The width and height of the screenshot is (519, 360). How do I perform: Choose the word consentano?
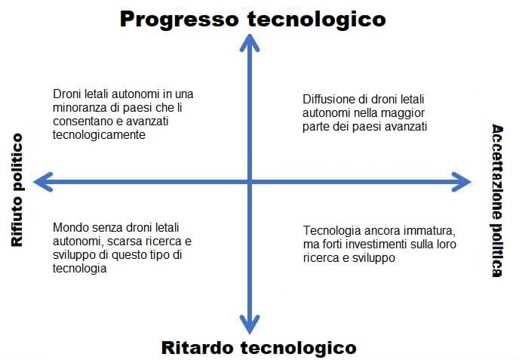coord(81,121)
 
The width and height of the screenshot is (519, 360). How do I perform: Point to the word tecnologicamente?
coord(99,134)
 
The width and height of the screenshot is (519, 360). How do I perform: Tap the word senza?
coord(106,228)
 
